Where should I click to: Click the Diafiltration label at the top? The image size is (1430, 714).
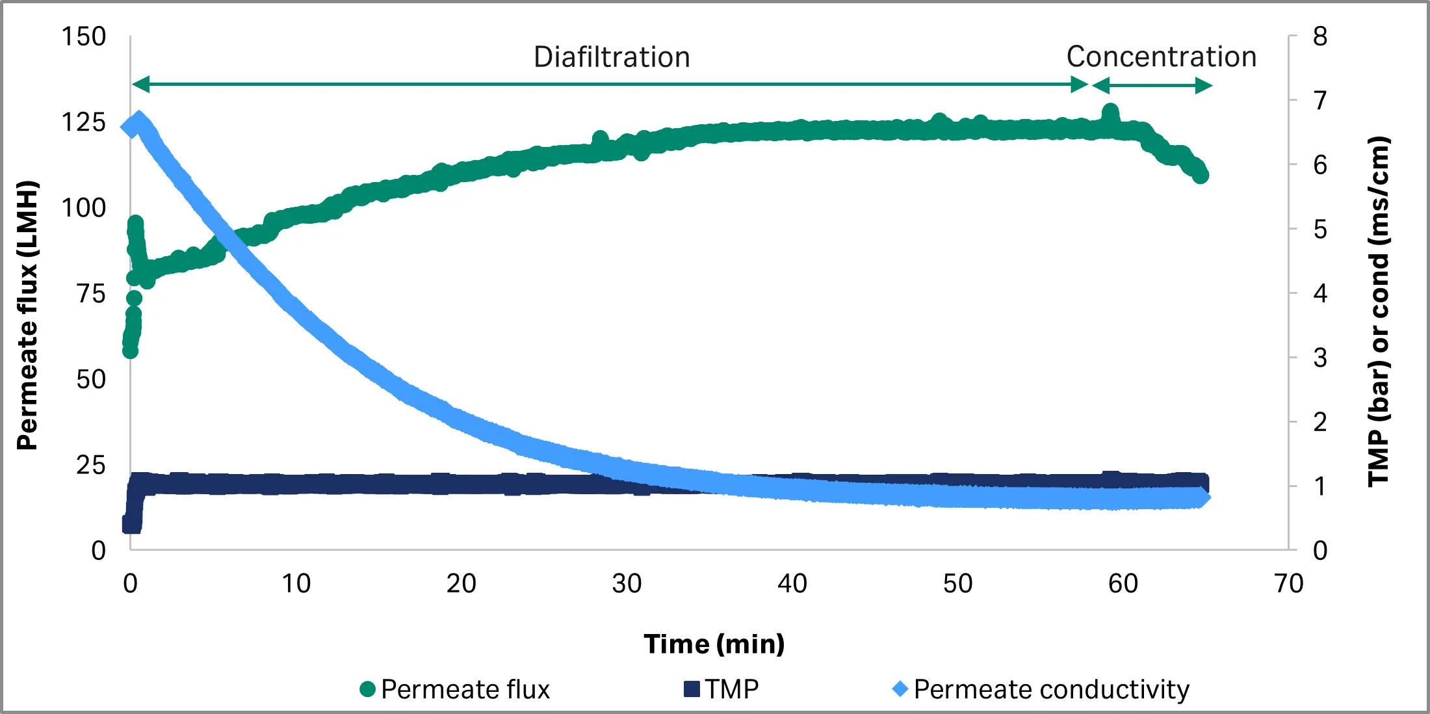click(612, 57)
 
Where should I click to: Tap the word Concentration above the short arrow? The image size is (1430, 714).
click(1161, 57)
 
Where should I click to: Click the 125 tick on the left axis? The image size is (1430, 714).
click(83, 122)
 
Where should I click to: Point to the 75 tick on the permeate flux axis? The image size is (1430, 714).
click(90, 294)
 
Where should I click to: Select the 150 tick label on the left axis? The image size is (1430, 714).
click(83, 37)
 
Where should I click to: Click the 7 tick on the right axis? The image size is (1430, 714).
click(1319, 101)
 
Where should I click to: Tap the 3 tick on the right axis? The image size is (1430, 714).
click(1319, 358)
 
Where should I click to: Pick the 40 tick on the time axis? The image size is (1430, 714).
click(792, 583)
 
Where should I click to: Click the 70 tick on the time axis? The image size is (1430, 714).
click(1288, 583)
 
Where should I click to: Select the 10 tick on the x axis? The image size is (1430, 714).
click(296, 583)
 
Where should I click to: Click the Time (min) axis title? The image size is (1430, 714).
click(714, 644)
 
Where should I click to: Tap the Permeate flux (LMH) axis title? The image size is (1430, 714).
click(27, 315)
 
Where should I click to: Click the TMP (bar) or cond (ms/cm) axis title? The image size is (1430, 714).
click(1378, 311)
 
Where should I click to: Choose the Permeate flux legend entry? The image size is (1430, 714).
click(455, 689)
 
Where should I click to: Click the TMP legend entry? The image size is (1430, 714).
click(721, 689)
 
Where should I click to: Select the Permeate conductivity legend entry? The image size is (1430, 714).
click(1041, 689)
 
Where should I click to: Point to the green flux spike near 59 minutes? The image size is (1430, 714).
click(1110, 113)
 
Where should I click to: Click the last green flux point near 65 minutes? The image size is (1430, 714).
click(1201, 176)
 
